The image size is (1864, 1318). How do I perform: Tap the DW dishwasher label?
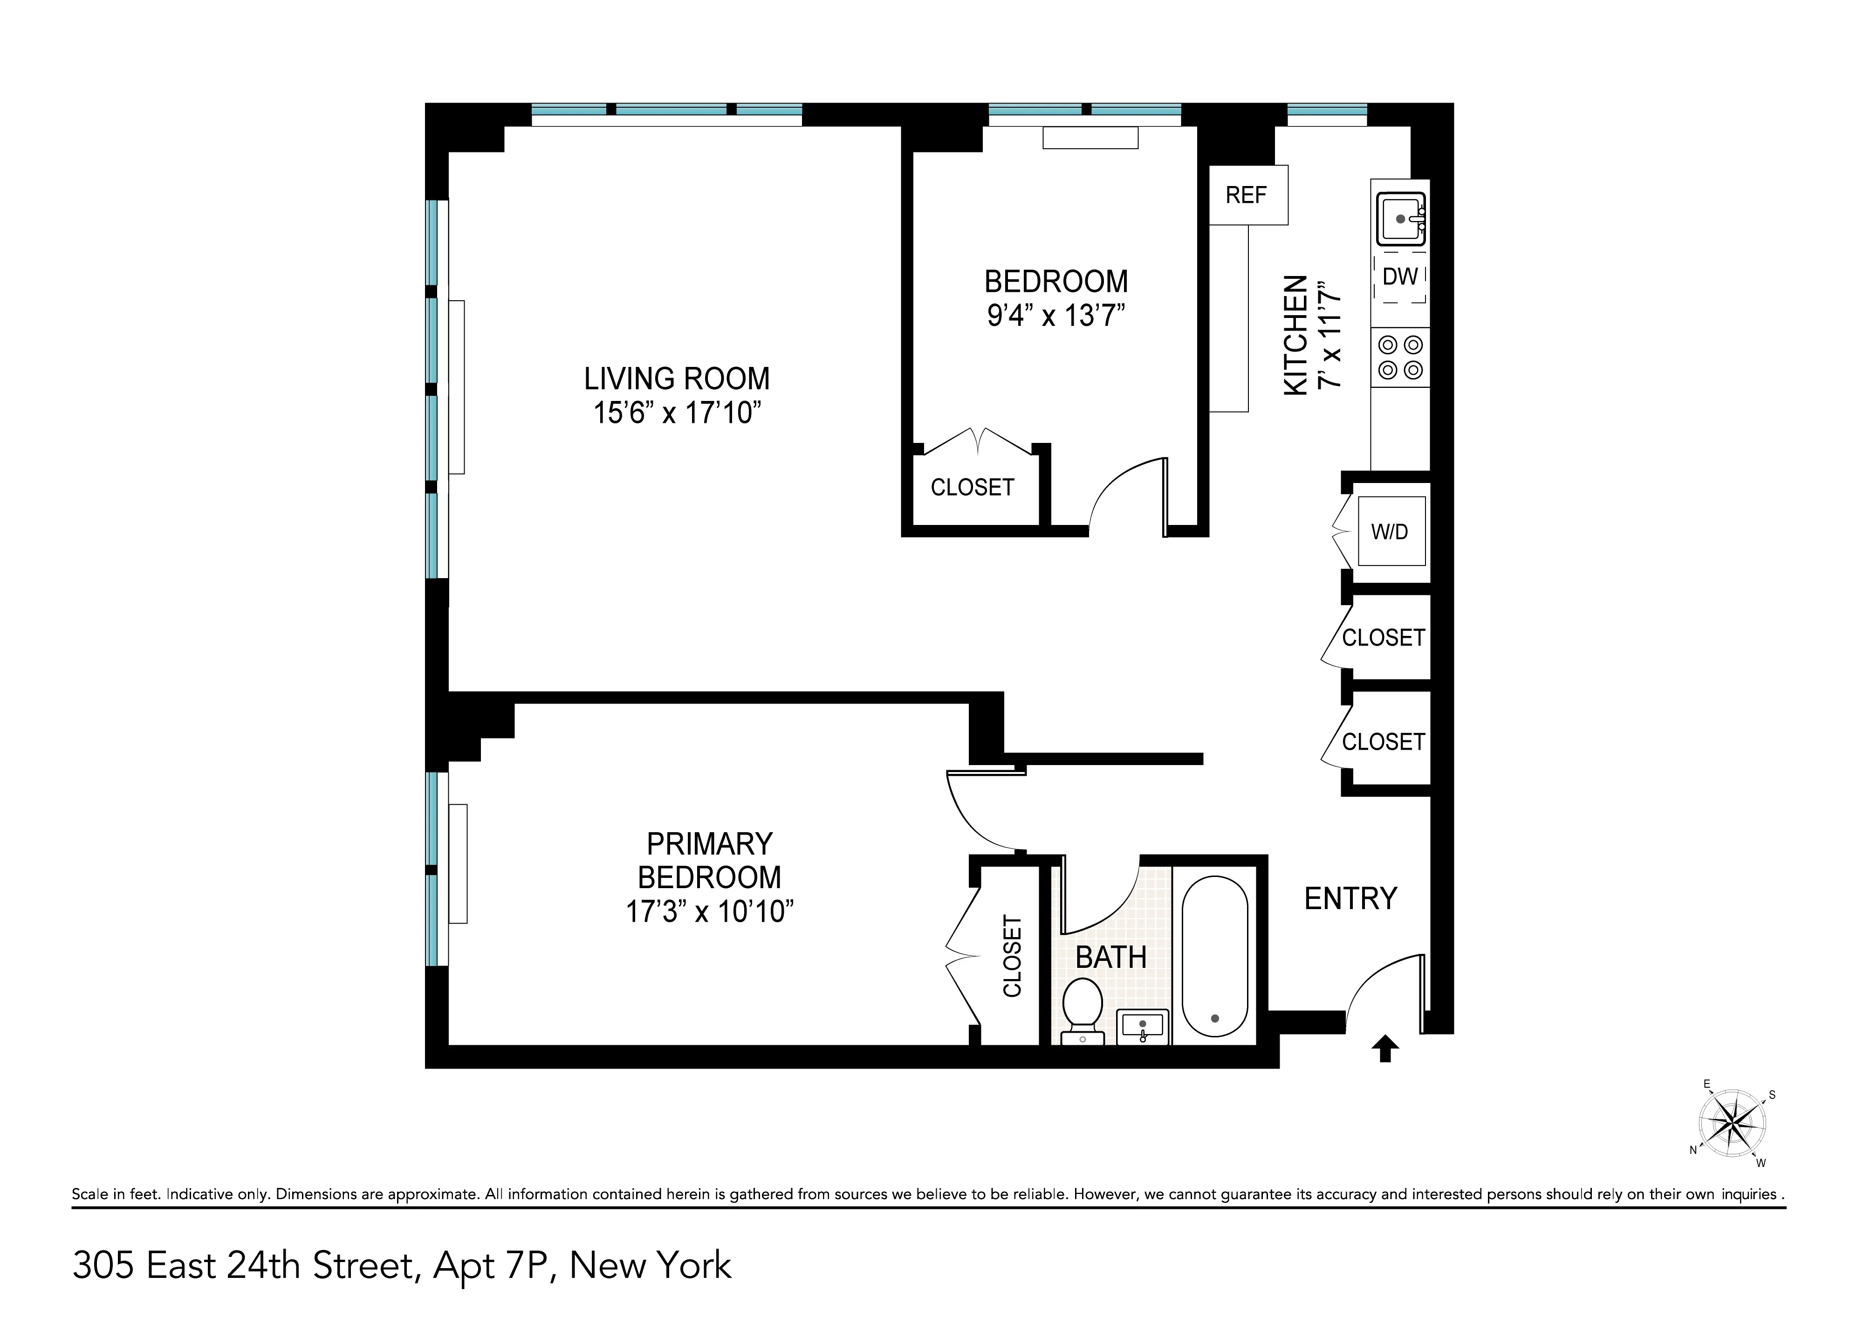tap(1399, 277)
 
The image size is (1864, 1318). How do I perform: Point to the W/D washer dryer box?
tap(1391, 532)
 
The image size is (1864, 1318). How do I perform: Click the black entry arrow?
tap(1385, 1049)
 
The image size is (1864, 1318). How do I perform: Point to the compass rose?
tap(1732, 1124)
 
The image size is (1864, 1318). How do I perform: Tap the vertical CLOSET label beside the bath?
tap(1012, 956)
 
